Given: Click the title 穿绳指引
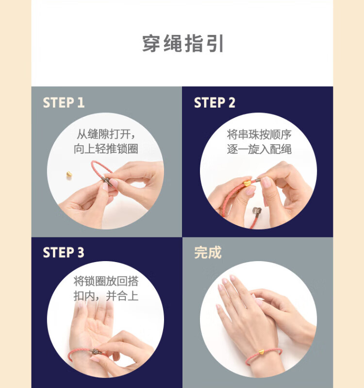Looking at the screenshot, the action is pos(183,44).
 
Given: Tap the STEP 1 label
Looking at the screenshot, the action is pos(64,102).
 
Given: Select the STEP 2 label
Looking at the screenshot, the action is pos(215,102).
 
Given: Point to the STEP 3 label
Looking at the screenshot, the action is pos(64,253).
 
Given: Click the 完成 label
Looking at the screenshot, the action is pos(208,253).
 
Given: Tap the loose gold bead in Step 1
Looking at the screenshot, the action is pos(69,174).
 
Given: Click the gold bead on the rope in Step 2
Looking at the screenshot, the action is pos(247,184).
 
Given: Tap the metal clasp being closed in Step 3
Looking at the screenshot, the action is pos(96,351).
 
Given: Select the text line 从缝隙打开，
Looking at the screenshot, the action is pos(106,134).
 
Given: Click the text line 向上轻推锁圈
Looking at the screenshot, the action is pos(106,149).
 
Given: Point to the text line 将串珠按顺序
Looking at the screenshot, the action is pos(259,134).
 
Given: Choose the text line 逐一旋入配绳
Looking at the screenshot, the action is pos(259,149).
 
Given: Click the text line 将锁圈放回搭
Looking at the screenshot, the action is pos(106,281).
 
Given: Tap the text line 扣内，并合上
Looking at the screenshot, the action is pos(106,295).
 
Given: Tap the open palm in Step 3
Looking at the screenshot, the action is pos(89,329).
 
